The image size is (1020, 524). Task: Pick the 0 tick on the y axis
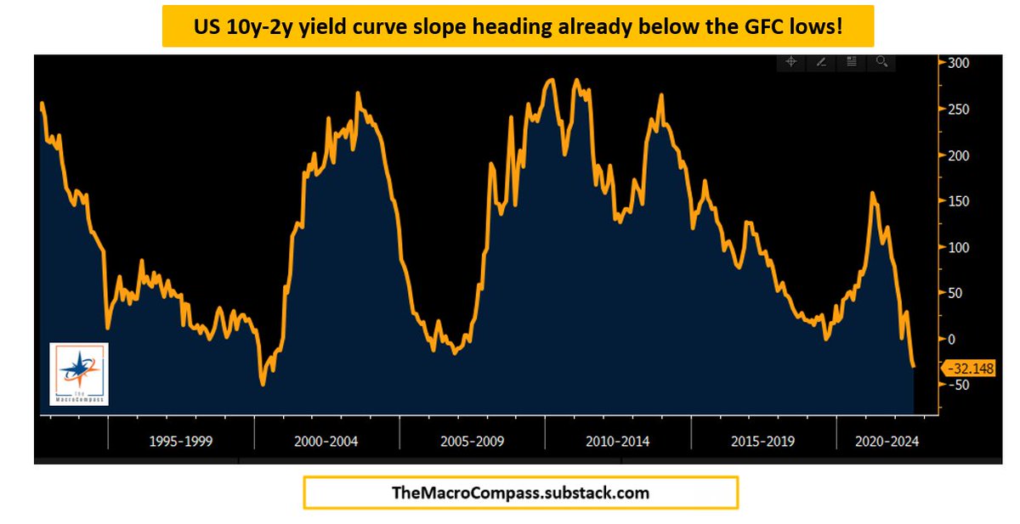pos(952,339)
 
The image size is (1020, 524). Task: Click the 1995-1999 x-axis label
pos(181,442)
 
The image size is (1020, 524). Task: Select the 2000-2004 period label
pos(326,442)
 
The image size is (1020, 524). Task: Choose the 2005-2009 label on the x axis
pos(472,442)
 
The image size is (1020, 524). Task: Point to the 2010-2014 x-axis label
pos(618,442)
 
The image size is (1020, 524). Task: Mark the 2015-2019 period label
pos(764,442)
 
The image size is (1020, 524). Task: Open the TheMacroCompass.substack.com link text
pos(520,492)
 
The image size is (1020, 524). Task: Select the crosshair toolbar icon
pos(790,62)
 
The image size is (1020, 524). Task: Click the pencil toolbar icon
pos(821,62)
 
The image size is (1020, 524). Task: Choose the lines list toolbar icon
pos(852,62)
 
